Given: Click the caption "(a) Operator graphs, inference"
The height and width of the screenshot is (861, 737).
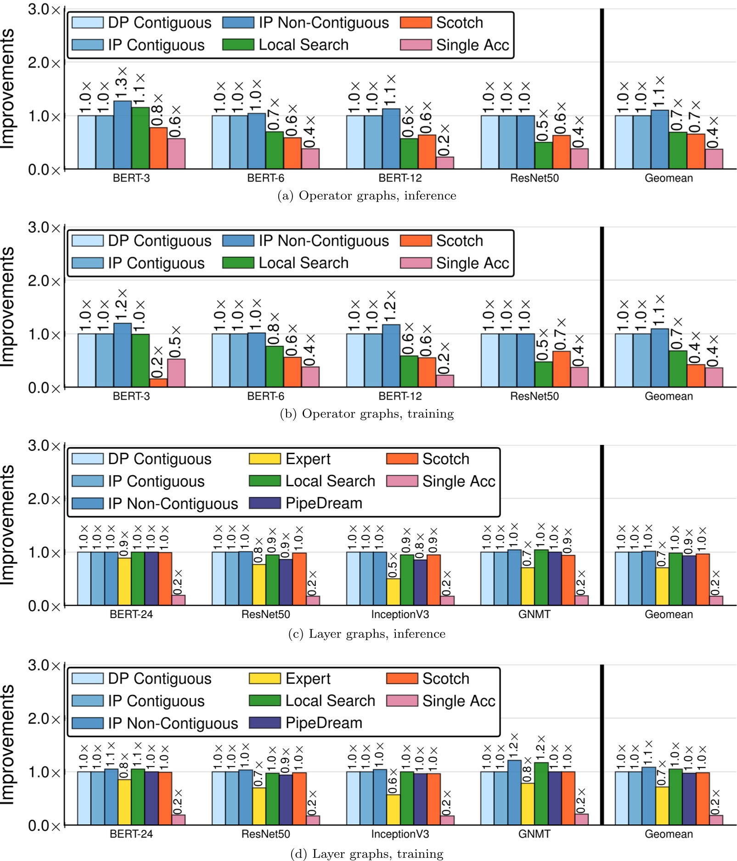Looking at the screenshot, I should pyautogui.click(x=366, y=196).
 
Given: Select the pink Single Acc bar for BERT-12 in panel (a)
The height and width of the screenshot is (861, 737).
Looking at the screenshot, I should pyautogui.click(x=445, y=163).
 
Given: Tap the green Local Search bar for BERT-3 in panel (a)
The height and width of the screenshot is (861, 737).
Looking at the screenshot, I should pyautogui.click(x=141, y=138).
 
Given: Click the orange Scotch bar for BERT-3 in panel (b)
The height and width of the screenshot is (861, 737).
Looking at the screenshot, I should pyautogui.click(x=158, y=383).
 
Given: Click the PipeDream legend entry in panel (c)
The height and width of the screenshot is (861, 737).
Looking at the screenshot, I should pyautogui.click(x=306, y=503).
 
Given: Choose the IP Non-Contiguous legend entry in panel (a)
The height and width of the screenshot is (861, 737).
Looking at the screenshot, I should pyautogui.click(x=306, y=23).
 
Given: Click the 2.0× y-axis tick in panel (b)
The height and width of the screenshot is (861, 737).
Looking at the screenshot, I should pyautogui.click(x=44, y=281).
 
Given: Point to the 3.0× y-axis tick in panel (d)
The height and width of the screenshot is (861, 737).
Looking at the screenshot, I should pyautogui.click(x=44, y=665).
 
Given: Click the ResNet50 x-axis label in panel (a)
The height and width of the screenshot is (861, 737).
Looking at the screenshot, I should pyautogui.click(x=534, y=178).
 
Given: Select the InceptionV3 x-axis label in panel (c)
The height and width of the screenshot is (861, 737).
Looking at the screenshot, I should pyautogui.click(x=400, y=614).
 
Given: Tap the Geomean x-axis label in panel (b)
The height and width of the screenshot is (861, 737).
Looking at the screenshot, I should pyautogui.click(x=669, y=396).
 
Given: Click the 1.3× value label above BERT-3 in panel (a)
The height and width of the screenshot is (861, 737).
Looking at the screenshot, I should pyautogui.click(x=121, y=83).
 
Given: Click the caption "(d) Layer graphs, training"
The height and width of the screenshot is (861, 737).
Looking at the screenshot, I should pyautogui.click(x=367, y=854).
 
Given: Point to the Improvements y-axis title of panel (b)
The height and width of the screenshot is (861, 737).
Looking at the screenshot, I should pyautogui.click(x=7, y=307).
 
